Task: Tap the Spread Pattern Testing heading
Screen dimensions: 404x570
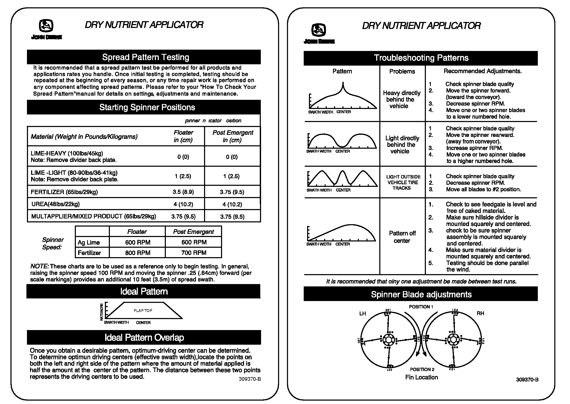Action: (x=145, y=57)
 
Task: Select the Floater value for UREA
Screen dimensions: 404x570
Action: (x=183, y=204)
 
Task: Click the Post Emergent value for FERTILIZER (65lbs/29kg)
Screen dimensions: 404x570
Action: (x=232, y=192)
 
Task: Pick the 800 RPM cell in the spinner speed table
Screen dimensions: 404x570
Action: (x=138, y=253)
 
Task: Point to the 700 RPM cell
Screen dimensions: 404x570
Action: (x=194, y=253)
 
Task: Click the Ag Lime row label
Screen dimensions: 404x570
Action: (x=89, y=243)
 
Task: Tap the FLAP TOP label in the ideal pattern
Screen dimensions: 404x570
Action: (x=143, y=310)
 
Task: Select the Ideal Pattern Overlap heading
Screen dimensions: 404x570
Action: (x=144, y=337)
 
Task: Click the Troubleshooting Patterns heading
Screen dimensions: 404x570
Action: (x=421, y=58)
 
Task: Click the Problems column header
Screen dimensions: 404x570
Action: (x=402, y=71)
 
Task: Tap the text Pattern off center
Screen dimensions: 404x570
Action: (x=402, y=237)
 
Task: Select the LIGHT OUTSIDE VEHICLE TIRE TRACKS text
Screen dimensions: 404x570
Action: (x=403, y=182)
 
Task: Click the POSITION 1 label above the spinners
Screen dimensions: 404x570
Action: (x=421, y=307)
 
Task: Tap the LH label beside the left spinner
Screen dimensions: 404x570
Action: (x=362, y=313)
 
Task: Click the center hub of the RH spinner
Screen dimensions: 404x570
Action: (x=453, y=340)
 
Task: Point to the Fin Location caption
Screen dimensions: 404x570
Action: (x=421, y=377)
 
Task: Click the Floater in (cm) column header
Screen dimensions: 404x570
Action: (x=183, y=136)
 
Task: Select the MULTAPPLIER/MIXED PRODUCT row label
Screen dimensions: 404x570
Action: (x=93, y=216)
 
